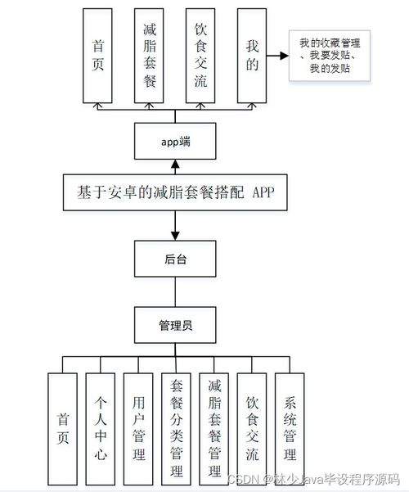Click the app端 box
click(175, 141)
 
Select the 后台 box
click(175, 259)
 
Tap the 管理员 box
click(175, 325)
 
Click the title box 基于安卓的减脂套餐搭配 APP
click(175, 192)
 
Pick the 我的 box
click(252, 56)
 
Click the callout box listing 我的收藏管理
click(330, 56)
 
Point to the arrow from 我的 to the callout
click(277, 56)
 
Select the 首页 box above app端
click(97, 56)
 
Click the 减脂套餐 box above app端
click(149, 56)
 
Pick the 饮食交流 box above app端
click(200, 56)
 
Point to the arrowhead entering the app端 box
click(175, 164)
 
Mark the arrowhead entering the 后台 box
click(175, 236)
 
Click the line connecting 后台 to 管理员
click(175, 291)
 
